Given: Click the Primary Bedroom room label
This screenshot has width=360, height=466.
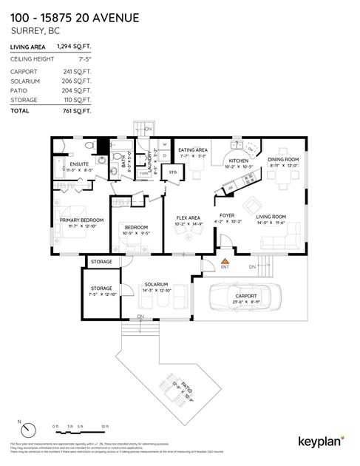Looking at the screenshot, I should tap(81, 220).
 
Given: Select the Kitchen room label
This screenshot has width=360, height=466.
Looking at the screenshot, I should tap(238, 161).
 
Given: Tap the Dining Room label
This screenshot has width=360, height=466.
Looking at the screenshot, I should tap(283, 160).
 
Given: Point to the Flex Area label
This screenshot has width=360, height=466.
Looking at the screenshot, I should tap(189, 217).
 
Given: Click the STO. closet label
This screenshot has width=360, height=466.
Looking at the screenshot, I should tap(173, 172).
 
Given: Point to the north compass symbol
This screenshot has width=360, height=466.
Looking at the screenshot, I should tap(28, 430).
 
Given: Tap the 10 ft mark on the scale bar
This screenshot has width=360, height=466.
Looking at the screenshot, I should tap(105, 427).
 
